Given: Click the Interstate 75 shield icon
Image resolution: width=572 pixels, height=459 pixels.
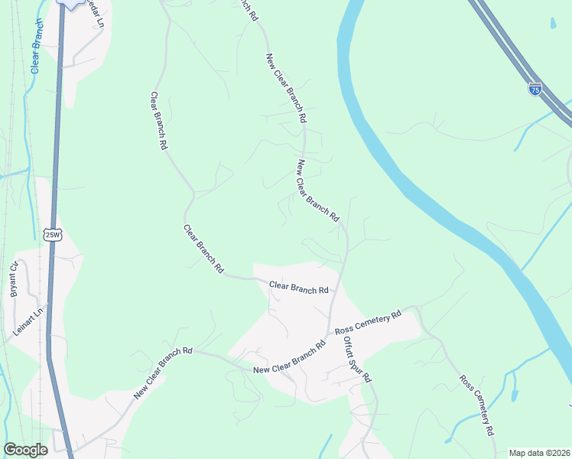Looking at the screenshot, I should click(535, 89).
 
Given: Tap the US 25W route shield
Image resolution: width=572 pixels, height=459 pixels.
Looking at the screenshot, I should click(52, 234).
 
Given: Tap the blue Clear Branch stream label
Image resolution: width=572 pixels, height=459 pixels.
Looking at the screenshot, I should click(36, 45).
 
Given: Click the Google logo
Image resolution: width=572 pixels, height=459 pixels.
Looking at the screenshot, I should click(25, 450).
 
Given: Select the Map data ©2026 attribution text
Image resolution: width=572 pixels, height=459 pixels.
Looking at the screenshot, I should click(539, 453).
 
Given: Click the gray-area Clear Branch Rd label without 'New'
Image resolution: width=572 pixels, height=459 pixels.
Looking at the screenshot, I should click(298, 288).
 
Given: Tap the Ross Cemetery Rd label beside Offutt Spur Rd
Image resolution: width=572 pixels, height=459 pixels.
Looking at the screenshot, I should click(368, 324).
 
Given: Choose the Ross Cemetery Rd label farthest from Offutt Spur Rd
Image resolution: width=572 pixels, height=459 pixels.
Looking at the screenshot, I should click(476, 405).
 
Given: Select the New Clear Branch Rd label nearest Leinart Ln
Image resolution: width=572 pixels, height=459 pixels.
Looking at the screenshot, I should click(163, 374).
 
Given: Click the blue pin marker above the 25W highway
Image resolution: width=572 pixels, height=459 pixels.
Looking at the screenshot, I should click(70, 4).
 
